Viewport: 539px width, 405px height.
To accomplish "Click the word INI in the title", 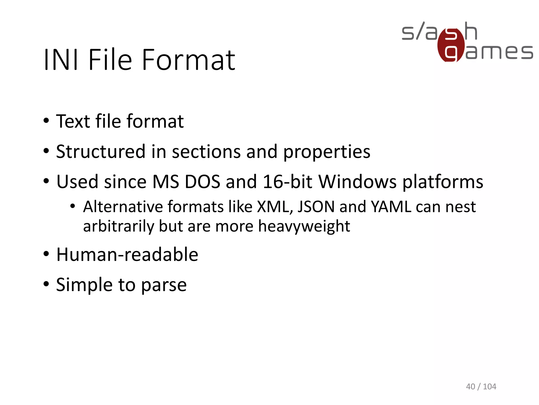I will tap(61, 60).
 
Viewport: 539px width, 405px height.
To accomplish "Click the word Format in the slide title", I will tap(188, 60).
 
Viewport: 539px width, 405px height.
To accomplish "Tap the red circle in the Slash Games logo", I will tap(451, 45).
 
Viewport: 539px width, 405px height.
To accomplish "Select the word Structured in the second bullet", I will tap(101, 152).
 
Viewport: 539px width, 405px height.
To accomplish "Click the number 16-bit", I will tap(287, 182).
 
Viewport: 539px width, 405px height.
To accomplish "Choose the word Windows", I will tap(357, 182).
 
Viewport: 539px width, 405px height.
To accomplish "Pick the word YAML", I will tap(391, 206).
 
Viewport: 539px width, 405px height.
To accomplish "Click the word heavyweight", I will tap(304, 226).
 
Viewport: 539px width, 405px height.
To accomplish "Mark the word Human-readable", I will tap(127, 255).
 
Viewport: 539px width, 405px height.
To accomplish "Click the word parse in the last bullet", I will tap(164, 285).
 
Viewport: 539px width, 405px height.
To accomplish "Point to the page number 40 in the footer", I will tap(471, 387).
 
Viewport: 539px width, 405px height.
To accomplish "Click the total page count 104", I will tap(490, 387).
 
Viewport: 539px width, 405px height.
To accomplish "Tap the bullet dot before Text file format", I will tap(46, 121).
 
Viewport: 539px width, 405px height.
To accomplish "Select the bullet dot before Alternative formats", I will tap(73, 206).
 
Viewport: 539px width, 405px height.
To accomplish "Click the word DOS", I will tap(202, 182).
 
